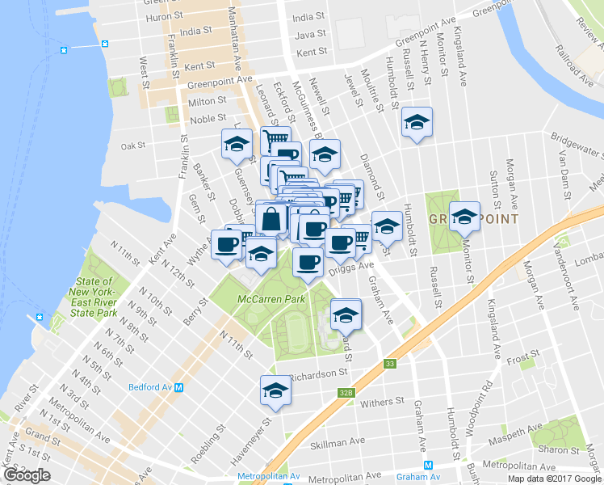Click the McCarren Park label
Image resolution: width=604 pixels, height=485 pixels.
(x=271, y=299)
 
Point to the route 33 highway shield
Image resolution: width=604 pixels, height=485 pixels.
(x=390, y=364)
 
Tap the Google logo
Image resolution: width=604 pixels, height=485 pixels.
(x=27, y=475)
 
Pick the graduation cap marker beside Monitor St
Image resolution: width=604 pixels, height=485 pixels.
(x=464, y=217)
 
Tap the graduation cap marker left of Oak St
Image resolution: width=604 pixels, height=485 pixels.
(x=237, y=145)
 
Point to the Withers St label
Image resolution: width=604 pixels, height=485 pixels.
(x=382, y=402)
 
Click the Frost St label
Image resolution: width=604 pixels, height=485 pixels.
(x=522, y=356)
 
